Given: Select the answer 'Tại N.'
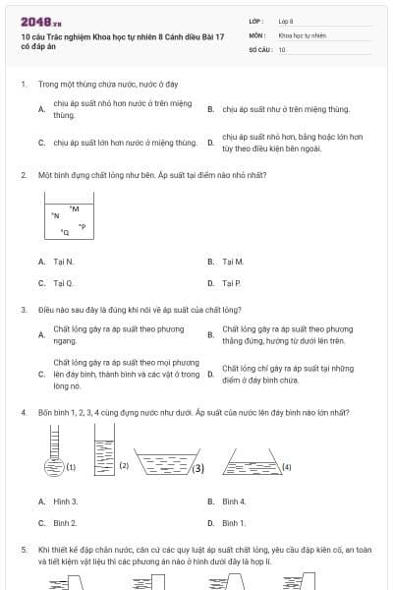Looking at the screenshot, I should pyautogui.click(x=63, y=262).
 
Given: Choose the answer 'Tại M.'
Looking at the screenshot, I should pyautogui.click(x=233, y=262).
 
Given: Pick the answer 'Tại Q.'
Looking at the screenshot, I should pyautogui.click(x=63, y=283).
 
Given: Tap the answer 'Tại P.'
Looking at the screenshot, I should pyautogui.click(x=232, y=283).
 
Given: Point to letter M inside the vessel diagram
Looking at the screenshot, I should pyautogui.click(x=75, y=207).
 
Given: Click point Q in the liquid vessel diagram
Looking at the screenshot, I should pyautogui.click(x=66, y=232).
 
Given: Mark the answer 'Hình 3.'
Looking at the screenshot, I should pyautogui.click(x=65, y=501).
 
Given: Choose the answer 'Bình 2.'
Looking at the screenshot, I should pyautogui.click(x=65, y=523).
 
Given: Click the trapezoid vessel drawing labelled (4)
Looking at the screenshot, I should pyautogui.click(x=247, y=459).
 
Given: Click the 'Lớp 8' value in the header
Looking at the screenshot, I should pyautogui.click(x=286, y=21).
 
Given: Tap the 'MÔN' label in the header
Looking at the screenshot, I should pyautogui.click(x=256, y=34).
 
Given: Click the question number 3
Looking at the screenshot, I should pyautogui.click(x=23, y=309).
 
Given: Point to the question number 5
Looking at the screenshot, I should pyautogui.click(x=23, y=552).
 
